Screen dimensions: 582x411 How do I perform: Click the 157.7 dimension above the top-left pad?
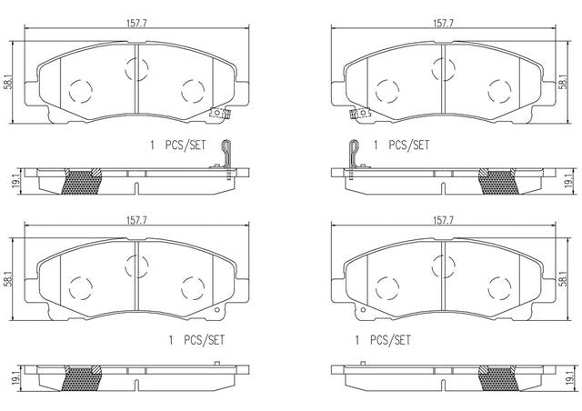[x=137, y=23]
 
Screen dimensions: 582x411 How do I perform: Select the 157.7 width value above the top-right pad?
[x=443, y=23]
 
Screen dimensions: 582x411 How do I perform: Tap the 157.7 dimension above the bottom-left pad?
[x=137, y=220]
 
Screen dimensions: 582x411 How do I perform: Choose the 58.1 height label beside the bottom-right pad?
[x=563, y=279]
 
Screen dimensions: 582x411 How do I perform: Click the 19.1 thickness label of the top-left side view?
[x=15, y=182]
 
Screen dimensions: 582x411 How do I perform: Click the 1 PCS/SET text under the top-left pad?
[x=177, y=145]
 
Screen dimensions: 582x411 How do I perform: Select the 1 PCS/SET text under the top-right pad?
[x=401, y=145]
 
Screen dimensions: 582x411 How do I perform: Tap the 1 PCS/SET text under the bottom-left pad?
[x=196, y=340]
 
